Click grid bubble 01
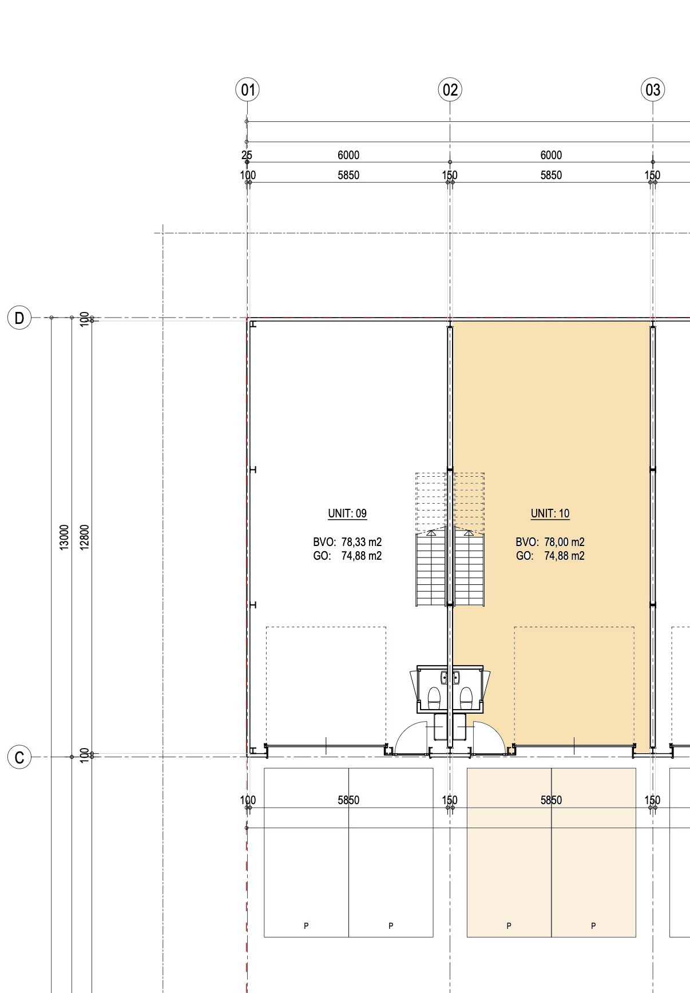(x=247, y=90)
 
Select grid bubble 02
(x=450, y=90)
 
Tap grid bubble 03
(x=653, y=90)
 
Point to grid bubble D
(x=19, y=318)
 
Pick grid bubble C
(x=19, y=757)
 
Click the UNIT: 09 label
(x=347, y=513)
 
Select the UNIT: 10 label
(x=550, y=513)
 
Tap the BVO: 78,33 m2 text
(x=347, y=542)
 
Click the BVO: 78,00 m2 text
(x=550, y=542)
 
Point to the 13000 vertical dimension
(x=64, y=537)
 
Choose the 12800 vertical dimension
(x=85, y=537)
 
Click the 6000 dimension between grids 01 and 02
(x=348, y=155)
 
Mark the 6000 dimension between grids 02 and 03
(x=551, y=155)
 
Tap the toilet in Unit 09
(x=434, y=697)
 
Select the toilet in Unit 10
(x=466, y=697)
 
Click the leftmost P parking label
(x=306, y=925)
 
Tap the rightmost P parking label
(x=593, y=925)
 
